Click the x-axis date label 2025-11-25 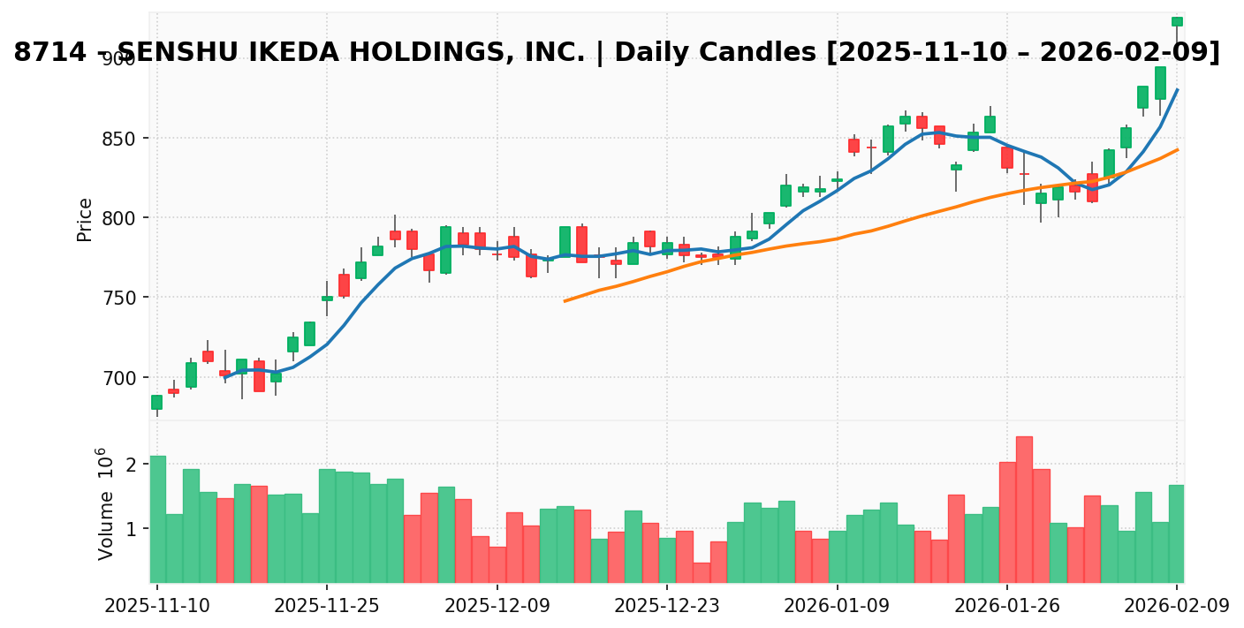point(327,606)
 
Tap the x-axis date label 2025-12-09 point(497,606)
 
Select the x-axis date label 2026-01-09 point(837,606)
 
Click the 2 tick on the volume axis point(131,465)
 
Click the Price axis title point(85,219)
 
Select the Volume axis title point(106,503)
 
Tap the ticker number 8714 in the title point(50,53)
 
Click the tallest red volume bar point(1024,509)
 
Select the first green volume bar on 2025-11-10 point(157,518)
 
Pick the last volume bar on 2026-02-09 point(1177,533)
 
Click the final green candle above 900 point(1177,21)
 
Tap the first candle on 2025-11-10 point(156,402)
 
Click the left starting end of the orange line point(565,301)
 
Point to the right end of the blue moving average point(1177,89)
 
